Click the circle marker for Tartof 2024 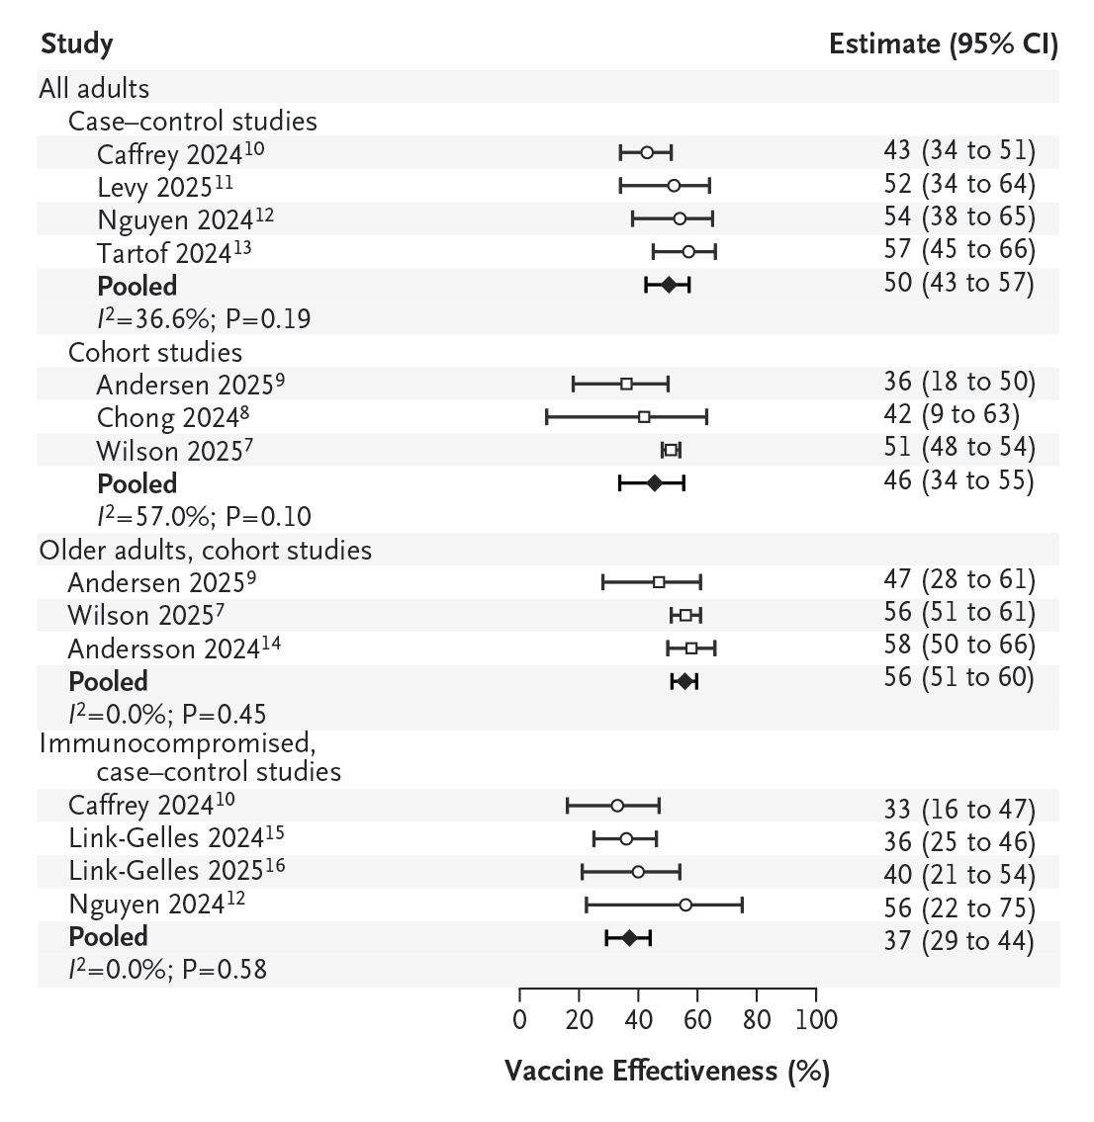(688, 251)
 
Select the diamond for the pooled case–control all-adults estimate (669, 285)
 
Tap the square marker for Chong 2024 (644, 417)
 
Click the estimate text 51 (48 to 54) (958, 447)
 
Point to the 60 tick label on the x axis (697, 1019)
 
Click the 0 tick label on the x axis (520, 1019)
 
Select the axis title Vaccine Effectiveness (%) (667, 1071)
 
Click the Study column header (76, 44)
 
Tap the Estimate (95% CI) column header (943, 44)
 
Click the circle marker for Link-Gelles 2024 (626, 838)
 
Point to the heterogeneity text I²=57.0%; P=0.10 (204, 516)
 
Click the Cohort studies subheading (154, 352)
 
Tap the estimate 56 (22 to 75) (958, 907)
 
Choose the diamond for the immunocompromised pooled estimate (629, 937)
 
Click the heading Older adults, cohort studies (206, 550)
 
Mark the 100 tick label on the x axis (815, 1019)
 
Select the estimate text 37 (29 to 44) (958, 940)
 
